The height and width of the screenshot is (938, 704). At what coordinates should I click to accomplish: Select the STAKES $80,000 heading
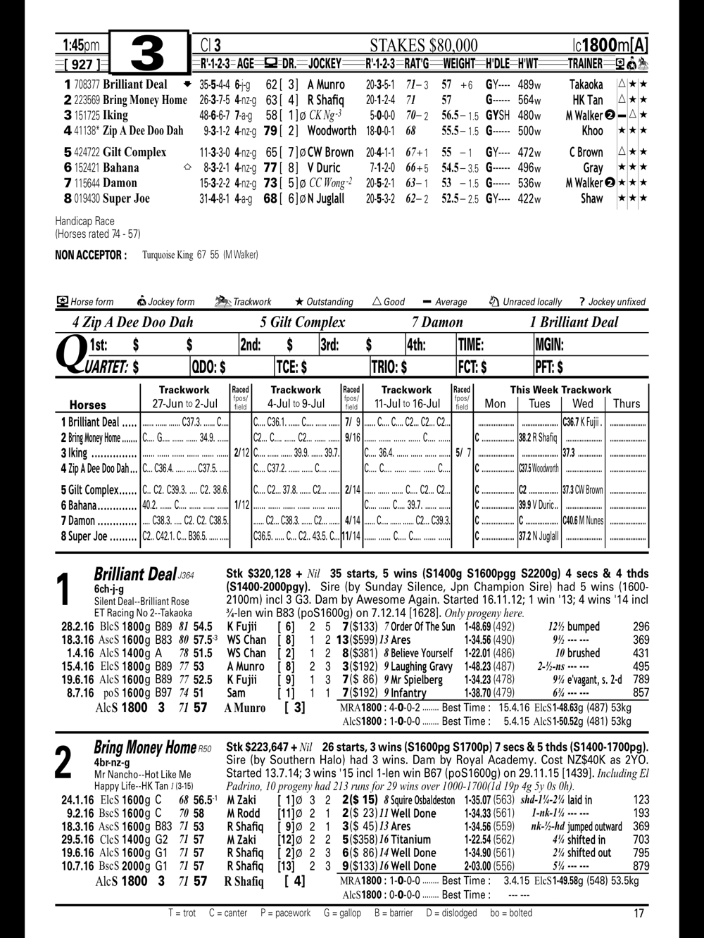(x=424, y=46)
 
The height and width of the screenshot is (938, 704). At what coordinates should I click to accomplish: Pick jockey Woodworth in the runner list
(x=332, y=130)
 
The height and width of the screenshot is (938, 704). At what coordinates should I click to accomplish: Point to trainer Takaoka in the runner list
(x=586, y=84)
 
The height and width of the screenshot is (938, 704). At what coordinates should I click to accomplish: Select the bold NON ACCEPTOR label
(x=91, y=255)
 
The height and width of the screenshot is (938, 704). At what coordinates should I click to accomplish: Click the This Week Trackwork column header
(x=560, y=390)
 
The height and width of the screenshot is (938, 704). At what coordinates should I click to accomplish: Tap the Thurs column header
(x=626, y=404)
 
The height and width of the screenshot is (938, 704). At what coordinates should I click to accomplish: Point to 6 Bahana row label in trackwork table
(x=98, y=505)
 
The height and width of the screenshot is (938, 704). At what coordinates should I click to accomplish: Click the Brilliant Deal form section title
(x=134, y=574)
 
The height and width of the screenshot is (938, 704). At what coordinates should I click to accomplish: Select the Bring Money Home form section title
(x=145, y=747)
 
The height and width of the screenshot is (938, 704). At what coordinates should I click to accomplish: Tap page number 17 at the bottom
(x=639, y=913)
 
